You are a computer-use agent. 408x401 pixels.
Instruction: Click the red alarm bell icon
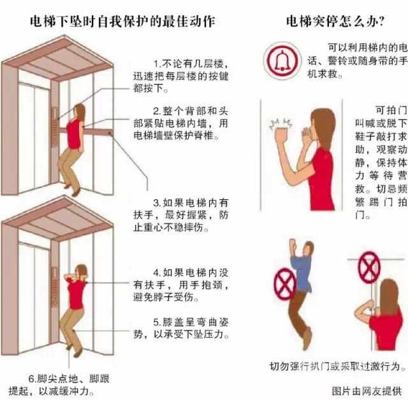pos(282,61)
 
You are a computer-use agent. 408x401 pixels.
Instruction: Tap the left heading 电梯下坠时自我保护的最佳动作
pos(122,21)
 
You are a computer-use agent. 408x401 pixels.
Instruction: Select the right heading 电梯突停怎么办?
pos(335,21)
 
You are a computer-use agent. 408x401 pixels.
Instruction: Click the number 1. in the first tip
pos(157,64)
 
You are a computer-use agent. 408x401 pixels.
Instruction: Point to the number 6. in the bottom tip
pos(33,379)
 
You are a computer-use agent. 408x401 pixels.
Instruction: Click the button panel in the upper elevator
pos(55,126)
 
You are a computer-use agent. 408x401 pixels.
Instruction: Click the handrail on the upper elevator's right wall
pos(98,132)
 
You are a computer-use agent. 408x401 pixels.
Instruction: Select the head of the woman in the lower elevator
pos(82,271)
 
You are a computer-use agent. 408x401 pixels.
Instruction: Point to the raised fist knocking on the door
pos(282,133)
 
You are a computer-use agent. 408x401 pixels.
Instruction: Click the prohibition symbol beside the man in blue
pos(284,284)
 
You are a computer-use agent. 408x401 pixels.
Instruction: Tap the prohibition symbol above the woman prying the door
pos(368,267)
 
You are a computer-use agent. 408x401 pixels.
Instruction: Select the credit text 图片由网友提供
pos(367,391)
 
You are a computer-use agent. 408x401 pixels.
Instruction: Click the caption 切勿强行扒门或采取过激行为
pos(338,366)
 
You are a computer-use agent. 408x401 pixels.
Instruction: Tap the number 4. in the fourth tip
pos(157,273)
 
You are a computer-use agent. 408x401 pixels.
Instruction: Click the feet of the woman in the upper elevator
pos(72,190)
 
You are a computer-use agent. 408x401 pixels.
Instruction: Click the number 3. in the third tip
pos(157,203)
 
